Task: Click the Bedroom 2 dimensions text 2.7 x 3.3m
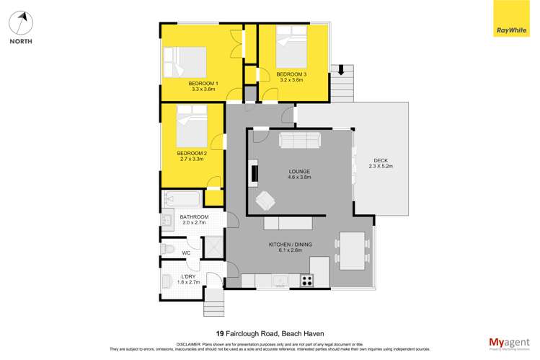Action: tap(191, 159)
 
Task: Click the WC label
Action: tap(186, 253)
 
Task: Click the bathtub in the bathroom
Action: tap(182, 198)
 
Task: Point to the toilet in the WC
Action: tap(169, 248)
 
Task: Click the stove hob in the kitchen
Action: tap(306, 280)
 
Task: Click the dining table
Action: tap(352, 250)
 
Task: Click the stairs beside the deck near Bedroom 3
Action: tap(343, 82)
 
